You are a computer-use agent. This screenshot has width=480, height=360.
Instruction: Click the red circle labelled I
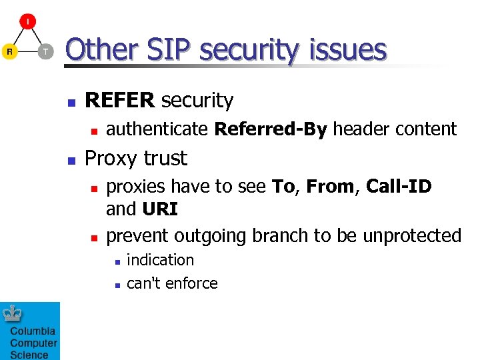point(27,22)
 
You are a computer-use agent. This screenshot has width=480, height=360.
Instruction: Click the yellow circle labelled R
point(9,51)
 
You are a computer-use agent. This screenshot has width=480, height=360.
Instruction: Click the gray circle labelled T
point(45,51)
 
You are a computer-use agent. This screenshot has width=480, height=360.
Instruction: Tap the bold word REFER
point(120,101)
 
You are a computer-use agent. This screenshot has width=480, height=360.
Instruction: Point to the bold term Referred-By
point(271,129)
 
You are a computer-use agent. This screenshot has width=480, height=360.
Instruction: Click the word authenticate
point(157,129)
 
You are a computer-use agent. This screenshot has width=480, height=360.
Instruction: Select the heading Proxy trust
point(137,158)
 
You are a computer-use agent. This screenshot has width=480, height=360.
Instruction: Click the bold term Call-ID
point(399,187)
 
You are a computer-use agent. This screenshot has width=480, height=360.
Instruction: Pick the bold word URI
point(160,209)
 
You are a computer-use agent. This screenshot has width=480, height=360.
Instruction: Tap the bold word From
point(330,187)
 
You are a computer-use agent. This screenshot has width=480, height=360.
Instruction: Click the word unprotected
point(412,235)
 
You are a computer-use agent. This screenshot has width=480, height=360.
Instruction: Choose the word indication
point(160,260)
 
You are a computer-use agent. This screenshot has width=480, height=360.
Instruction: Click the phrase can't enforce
point(172,283)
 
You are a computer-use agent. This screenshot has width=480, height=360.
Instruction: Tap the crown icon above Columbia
point(13,314)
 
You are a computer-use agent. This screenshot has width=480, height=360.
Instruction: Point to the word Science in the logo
point(29,355)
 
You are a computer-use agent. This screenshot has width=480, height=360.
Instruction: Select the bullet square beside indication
point(117,261)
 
